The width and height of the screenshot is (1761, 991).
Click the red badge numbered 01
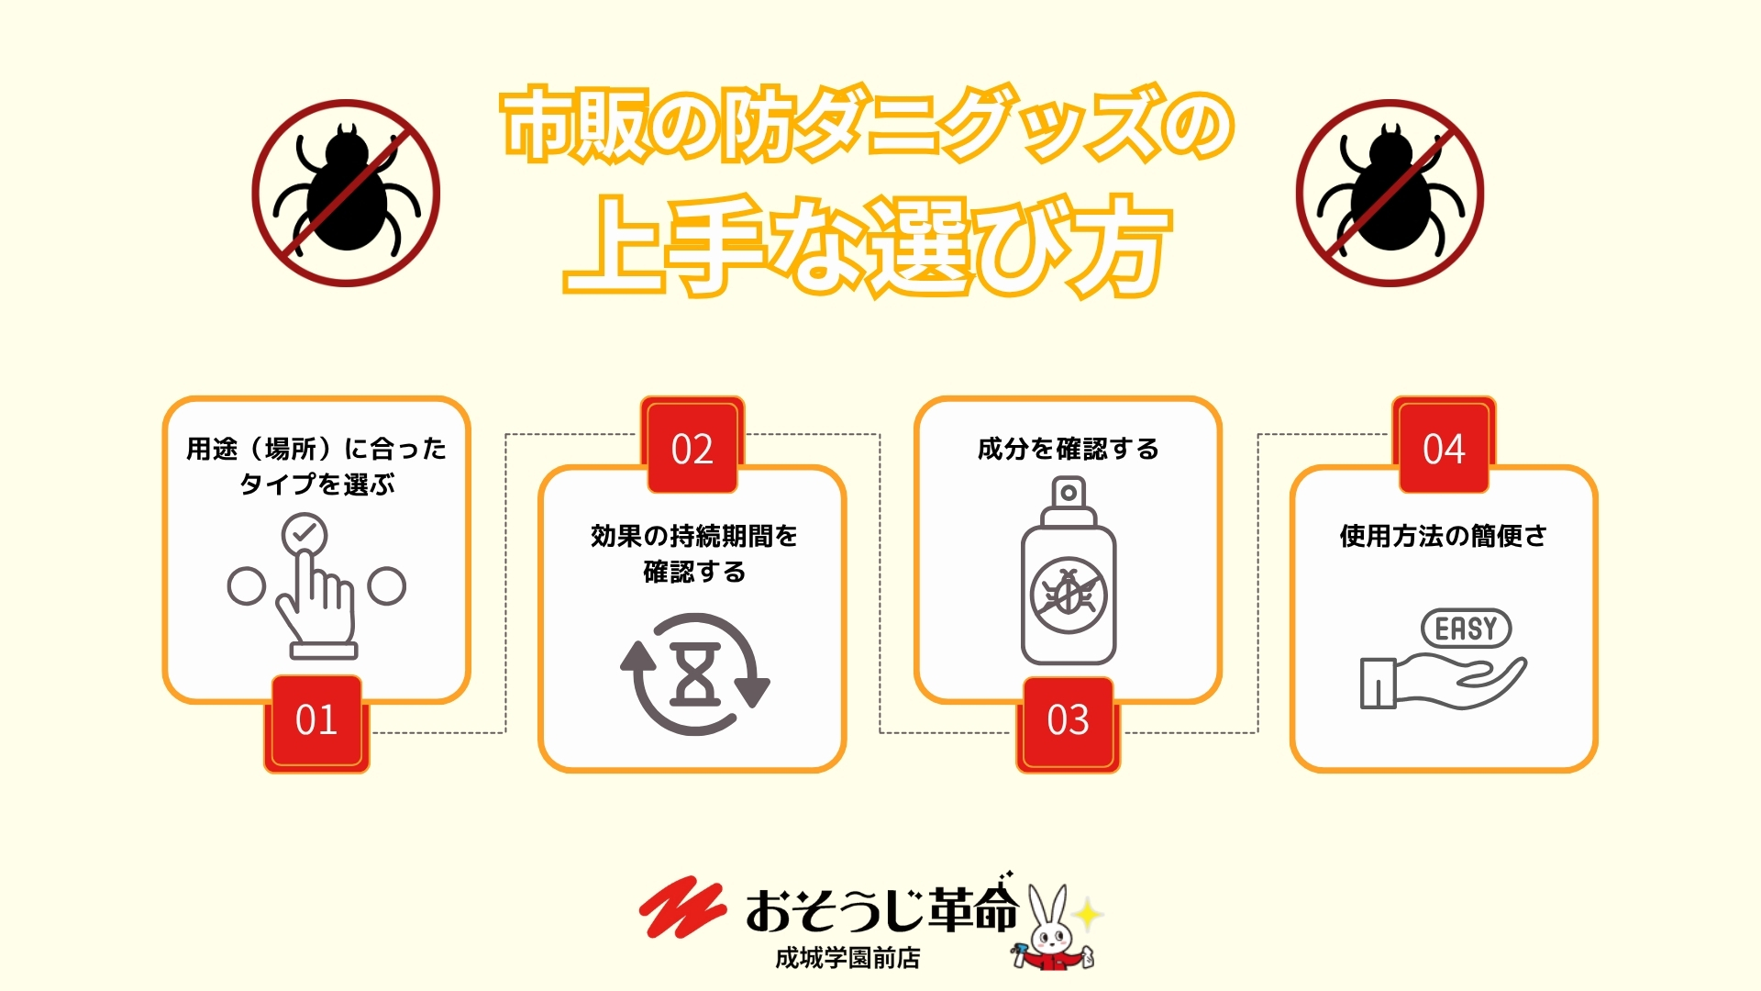316,723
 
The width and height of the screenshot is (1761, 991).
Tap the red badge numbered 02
692,446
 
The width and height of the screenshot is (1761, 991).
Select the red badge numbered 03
1069,723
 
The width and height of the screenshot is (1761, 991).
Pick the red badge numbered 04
1445,446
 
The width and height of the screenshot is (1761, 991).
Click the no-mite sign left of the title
346,194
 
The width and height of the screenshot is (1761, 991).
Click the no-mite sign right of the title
1390,194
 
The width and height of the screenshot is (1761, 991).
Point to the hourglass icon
695,674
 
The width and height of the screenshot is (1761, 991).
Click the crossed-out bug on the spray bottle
1069,595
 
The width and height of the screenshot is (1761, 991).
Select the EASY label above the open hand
1466,629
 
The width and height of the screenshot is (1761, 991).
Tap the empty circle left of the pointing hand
246,586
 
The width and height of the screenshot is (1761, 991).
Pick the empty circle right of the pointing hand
386,586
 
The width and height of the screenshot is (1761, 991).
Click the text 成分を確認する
1069,449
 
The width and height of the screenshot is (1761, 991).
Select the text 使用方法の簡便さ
1444,536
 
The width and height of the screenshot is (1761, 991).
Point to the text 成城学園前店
847,958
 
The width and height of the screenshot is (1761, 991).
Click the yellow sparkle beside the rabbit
1087,914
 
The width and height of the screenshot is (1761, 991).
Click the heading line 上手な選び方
867,245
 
